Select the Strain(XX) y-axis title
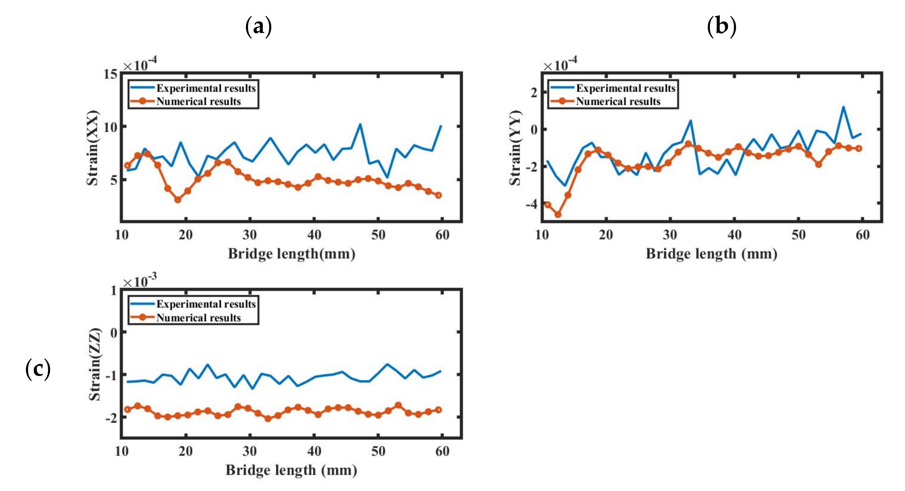(93, 148)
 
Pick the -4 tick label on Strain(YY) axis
(531, 204)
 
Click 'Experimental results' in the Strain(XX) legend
(206, 88)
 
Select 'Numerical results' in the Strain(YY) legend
(618, 102)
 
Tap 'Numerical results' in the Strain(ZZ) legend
(198, 317)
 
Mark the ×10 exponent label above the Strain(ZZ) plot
(140, 281)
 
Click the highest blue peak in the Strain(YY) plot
(843, 107)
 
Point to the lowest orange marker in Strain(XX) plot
(178, 200)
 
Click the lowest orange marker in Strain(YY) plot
(558, 214)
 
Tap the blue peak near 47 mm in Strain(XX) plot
(360, 124)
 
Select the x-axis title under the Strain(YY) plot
(711, 254)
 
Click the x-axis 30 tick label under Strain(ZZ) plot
(249, 451)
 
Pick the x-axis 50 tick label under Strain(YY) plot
(799, 235)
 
